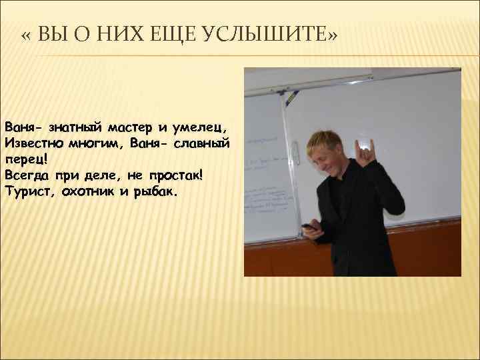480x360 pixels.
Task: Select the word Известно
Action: tap(33, 143)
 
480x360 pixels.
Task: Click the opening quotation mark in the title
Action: tap(27, 34)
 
